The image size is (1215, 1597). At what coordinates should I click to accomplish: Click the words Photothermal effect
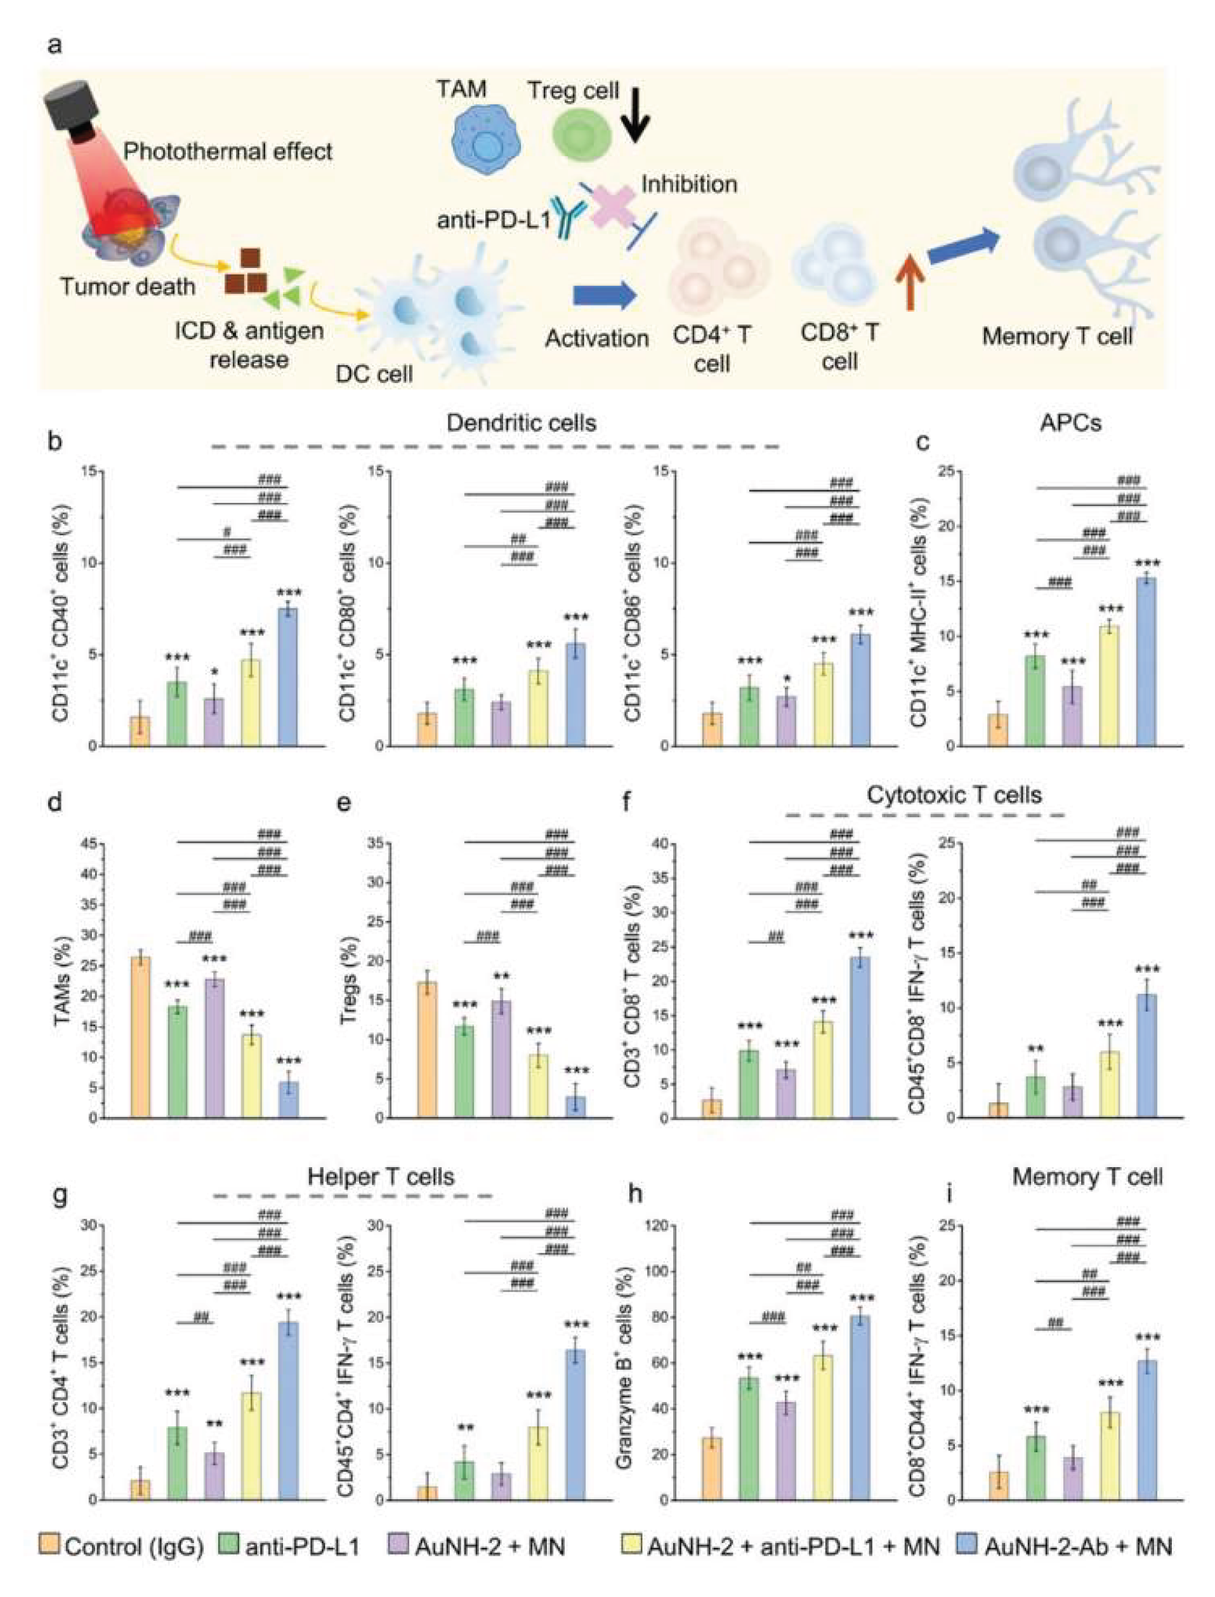click(x=228, y=151)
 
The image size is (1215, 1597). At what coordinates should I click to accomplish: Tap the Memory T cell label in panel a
click(x=1056, y=337)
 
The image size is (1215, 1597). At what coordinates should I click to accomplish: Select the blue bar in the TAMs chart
click(x=288, y=1099)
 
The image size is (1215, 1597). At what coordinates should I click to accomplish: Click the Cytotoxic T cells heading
click(x=954, y=794)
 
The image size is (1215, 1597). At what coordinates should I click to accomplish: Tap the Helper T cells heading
click(x=381, y=1176)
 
